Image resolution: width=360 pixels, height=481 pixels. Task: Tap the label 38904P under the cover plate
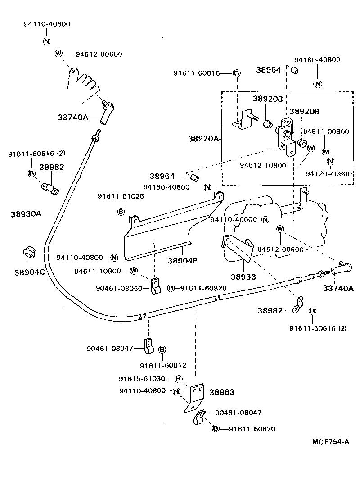(183, 261)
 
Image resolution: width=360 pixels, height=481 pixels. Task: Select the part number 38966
(243, 277)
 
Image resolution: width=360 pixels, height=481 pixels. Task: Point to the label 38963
(221, 392)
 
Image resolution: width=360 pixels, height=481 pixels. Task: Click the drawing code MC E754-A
(331, 441)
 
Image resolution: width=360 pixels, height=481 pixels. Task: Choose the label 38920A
(203, 139)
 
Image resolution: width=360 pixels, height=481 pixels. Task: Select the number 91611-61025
(120, 196)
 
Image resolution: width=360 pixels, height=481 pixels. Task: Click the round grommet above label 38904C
(28, 253)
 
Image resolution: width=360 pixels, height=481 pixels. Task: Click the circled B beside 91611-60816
(237, 73)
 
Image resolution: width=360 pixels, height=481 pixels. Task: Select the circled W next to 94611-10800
(133, 271)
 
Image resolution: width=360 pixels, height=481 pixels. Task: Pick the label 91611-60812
(163, 365)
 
